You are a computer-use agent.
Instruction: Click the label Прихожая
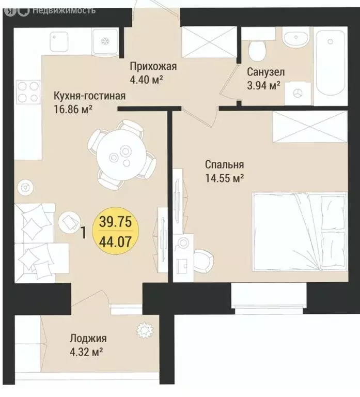(x=153, y=67)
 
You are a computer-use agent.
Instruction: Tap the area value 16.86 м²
(x=73, y=110)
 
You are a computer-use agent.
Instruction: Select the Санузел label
(x=266, y=72)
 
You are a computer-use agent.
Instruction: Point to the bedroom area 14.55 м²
(x=224, y=178)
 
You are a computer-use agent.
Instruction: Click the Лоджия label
(x=88, y=338)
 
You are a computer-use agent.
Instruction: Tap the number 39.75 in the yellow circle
(x=115, y=222)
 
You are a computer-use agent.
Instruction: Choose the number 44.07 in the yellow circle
(x=115, y=242)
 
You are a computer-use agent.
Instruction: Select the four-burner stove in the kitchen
(x=28, y=92)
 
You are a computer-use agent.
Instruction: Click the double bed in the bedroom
(x=300, y=233)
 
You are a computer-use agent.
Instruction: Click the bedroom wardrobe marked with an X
(x=310, y=127)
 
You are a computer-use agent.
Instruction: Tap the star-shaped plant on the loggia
(x=145, y=330)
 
